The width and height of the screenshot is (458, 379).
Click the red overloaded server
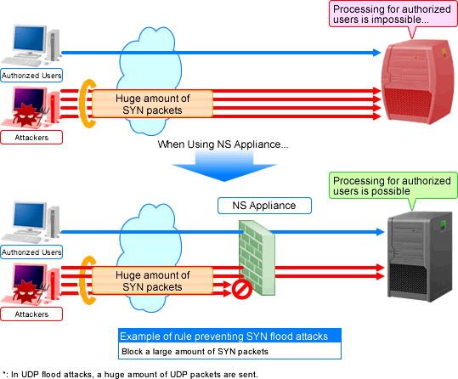420,82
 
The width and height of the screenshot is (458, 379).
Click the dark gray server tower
420,257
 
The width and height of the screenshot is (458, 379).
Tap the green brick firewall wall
257,257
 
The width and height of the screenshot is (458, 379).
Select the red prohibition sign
242,290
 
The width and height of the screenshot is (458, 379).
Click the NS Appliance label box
264,206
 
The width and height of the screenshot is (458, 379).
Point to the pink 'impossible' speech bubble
393,14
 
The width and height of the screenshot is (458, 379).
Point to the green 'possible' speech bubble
393,186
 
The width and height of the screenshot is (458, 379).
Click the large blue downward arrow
224,167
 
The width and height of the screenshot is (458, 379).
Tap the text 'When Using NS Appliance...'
223,144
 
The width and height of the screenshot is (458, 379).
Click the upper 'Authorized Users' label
31,76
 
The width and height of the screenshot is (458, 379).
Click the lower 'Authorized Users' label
31,252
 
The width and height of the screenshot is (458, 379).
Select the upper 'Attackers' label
31,138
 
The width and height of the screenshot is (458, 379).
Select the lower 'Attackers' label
31,314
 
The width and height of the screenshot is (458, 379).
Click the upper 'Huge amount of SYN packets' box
152,104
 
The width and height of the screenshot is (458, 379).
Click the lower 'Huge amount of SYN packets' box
152,280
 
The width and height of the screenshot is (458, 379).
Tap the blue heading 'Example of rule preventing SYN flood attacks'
223,336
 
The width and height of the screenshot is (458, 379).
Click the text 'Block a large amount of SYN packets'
195,351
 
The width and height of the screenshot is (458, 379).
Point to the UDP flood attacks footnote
130,374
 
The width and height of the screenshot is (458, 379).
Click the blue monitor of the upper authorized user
29,38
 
